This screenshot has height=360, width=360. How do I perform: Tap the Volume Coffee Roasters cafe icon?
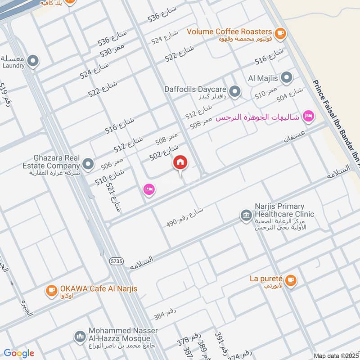coord(280,32)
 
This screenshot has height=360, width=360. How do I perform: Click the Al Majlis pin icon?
coord(287,78)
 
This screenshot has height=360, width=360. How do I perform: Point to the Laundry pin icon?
coord(32,61)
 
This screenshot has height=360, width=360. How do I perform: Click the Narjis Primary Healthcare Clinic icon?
coord(246,215)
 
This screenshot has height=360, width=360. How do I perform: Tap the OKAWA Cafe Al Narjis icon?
coord(51,291)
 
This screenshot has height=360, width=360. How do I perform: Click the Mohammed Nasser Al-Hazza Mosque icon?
coord(80,337)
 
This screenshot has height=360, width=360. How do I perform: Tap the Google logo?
coord(19,353)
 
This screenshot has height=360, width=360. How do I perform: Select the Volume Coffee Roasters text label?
coord(229,31)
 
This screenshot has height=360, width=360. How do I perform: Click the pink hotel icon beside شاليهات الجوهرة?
coord(308,117)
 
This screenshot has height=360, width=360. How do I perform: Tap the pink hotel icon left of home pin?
coord(149,189)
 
